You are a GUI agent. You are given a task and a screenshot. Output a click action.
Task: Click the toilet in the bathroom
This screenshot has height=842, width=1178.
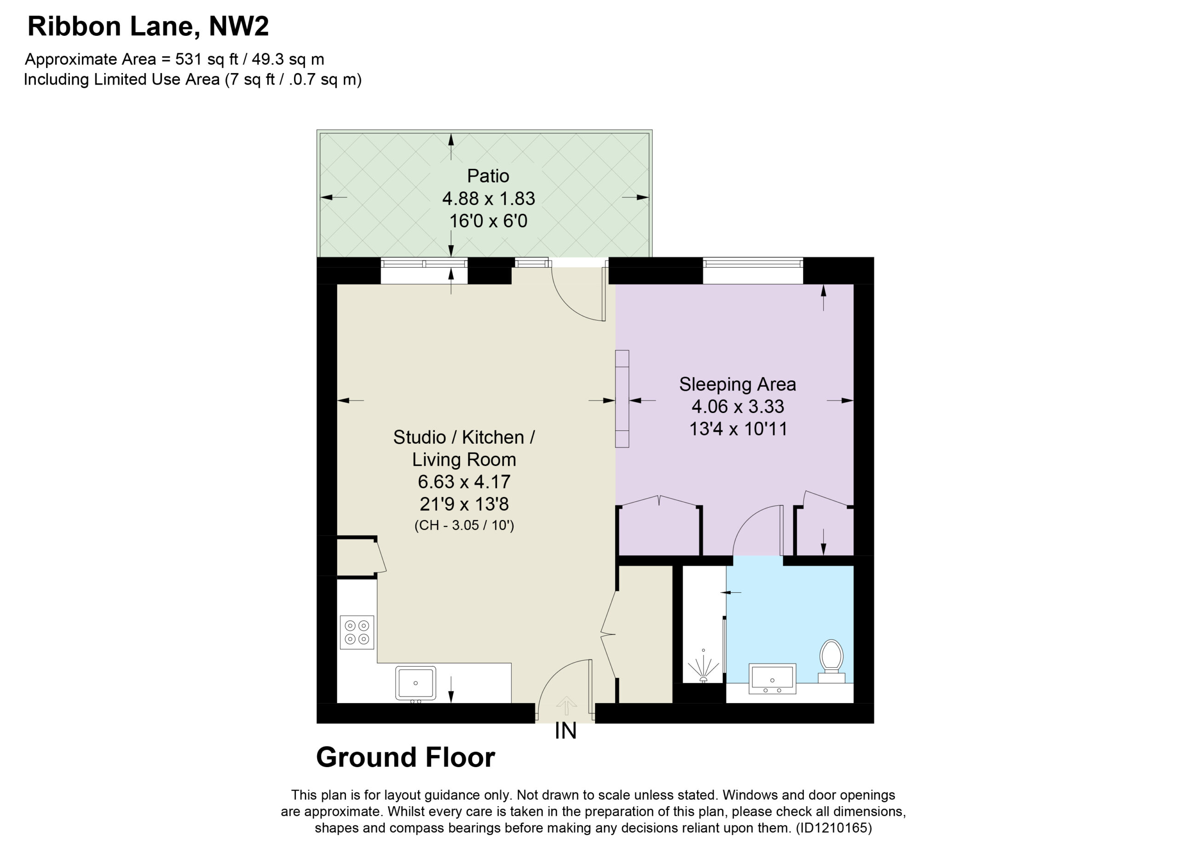click(x=831, y=661)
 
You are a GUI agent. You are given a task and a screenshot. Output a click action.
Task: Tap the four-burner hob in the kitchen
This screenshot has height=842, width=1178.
click(x=357, y=632)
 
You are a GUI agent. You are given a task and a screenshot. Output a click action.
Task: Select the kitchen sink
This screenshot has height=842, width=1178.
click(x=416, y=684)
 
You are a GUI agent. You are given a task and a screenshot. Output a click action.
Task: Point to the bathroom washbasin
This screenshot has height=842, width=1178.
click(x=772, y=679)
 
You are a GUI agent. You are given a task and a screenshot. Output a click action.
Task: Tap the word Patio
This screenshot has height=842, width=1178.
click(x=488, y=176)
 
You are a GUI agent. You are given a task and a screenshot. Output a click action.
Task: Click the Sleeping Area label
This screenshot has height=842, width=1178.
click(x=737, y=384)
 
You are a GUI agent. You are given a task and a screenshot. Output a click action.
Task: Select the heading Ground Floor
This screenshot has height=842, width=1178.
click(x=406, y=757)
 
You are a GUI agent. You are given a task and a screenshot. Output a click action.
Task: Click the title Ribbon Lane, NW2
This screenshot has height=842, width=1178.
click(x=148, y=27)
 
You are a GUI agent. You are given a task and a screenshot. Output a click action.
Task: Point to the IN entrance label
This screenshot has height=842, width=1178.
click(x=566, y=731)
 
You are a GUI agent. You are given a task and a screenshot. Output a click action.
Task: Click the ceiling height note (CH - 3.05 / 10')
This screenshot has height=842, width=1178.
click(x=464, y=525)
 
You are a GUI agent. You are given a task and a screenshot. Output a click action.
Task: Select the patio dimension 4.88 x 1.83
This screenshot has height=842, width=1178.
click(x=489, y=199)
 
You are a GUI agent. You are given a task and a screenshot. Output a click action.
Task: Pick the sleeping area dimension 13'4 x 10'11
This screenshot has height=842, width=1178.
click(x=738, y=429)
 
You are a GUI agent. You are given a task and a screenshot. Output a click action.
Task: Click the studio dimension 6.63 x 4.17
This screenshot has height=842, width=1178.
click(x=464, y=481)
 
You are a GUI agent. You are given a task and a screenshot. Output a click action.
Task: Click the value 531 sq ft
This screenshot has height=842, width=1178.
click(x=207, y=59)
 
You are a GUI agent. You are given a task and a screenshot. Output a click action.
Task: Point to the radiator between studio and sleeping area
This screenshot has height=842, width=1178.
click(x=622, y=399)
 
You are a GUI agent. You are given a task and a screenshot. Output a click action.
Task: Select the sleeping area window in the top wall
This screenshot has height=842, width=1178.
click(x=753, y=263)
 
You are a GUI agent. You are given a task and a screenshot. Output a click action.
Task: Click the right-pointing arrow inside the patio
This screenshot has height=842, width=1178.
click(x=635, y=197)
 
